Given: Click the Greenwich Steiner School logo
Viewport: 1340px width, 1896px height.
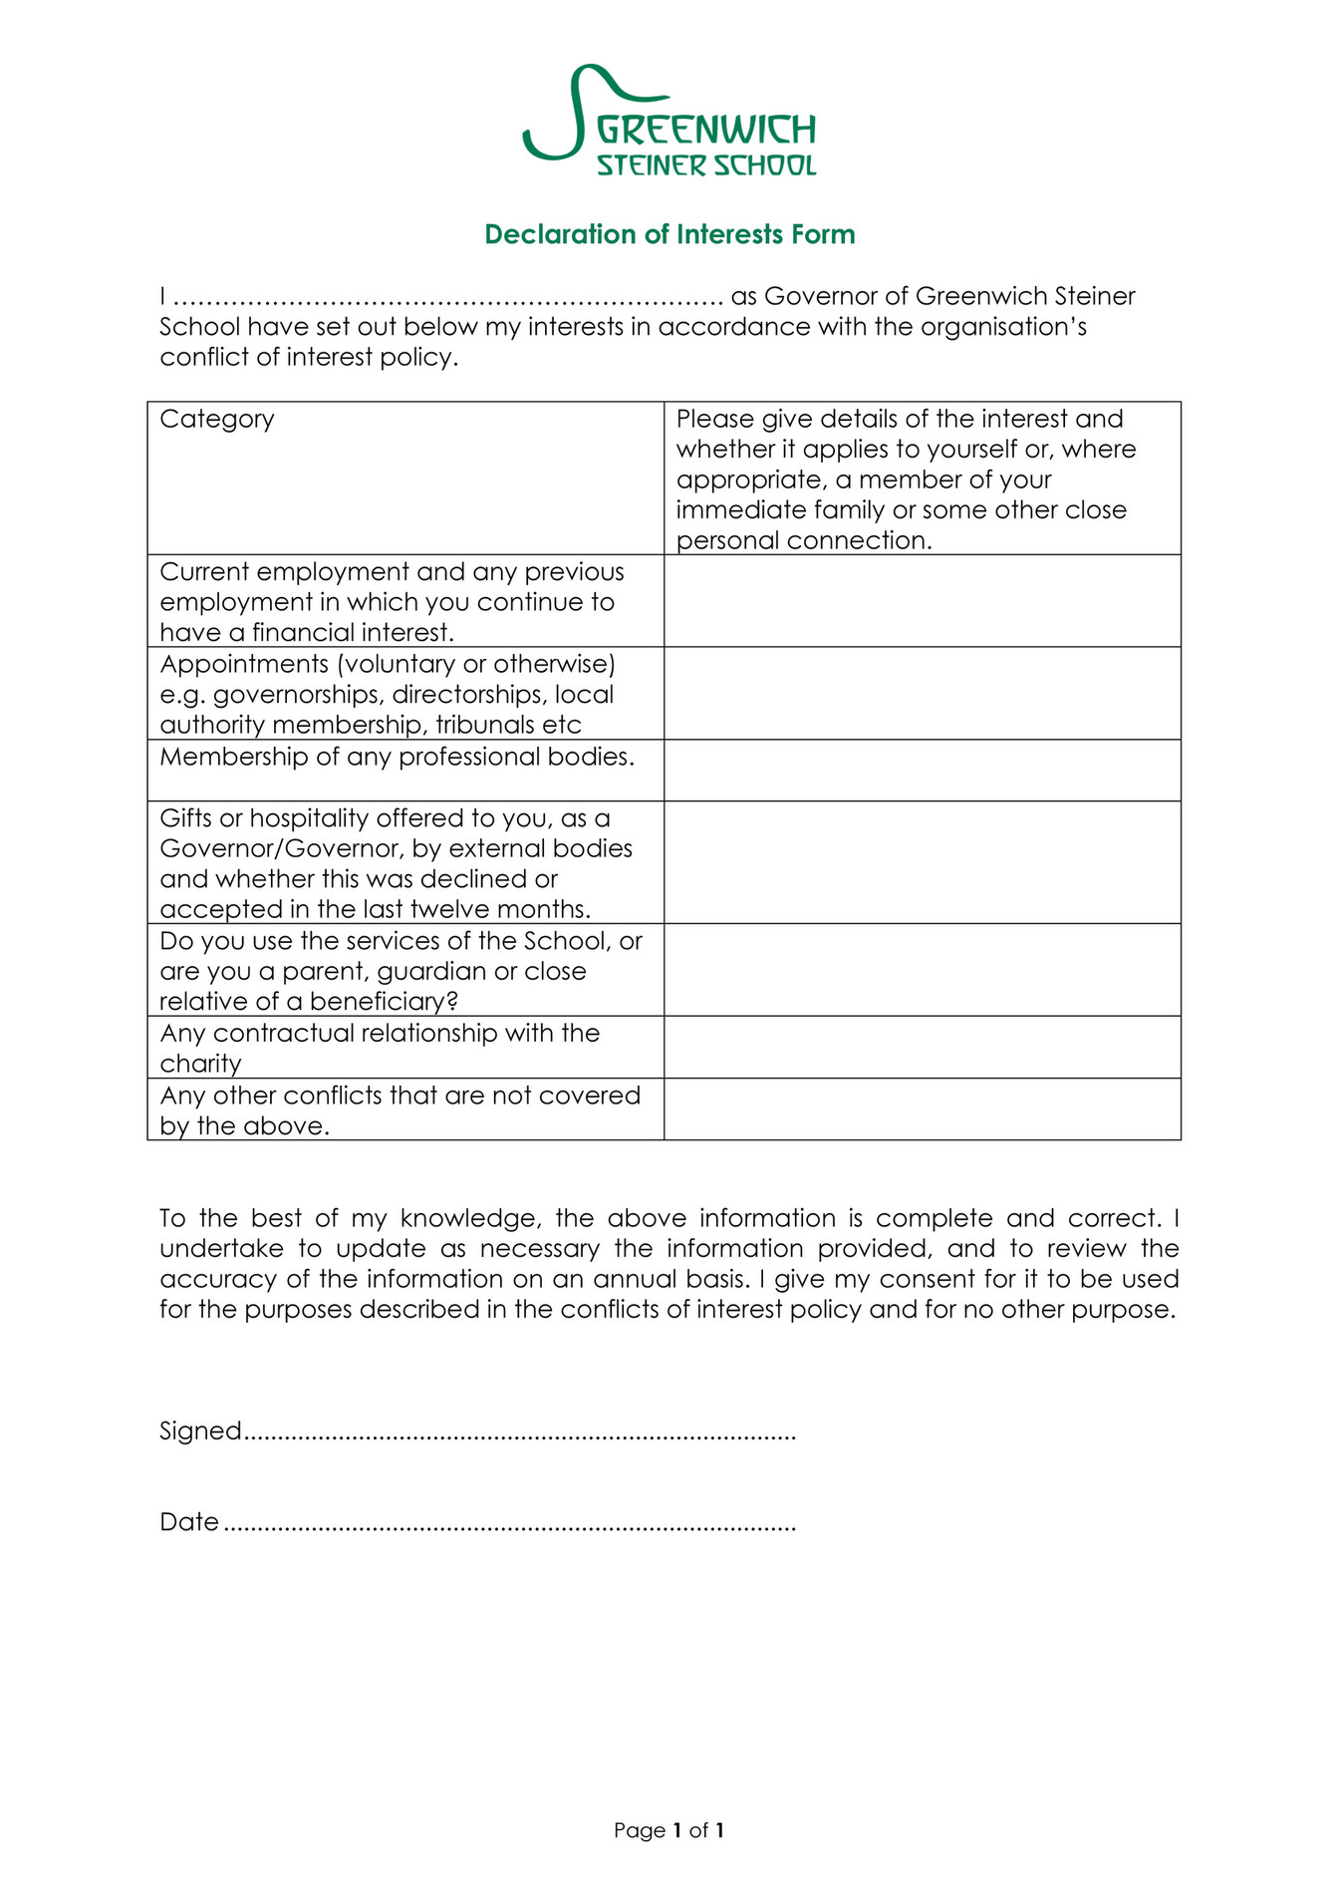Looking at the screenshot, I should (x=670, y=122).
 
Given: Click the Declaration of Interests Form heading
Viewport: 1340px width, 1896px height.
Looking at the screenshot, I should (x=670, y=234).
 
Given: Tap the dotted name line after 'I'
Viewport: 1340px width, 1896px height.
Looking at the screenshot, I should (x=448, y=298).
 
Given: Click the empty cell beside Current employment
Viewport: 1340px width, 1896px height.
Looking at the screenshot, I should (x=922, y=601).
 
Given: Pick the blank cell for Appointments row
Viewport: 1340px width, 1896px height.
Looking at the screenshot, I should (x=922, y=693).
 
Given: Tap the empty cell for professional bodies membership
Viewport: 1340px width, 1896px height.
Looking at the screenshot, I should (x=922, y=770).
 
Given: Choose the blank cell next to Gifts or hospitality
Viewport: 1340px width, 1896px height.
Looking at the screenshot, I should (x=922, y=862).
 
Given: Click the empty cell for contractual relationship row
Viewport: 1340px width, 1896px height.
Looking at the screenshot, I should (x=922, y=1047).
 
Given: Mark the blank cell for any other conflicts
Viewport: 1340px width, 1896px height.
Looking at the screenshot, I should (x=922, y=1108).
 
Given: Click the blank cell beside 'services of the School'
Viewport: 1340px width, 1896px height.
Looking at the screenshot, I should (x=922, y=970).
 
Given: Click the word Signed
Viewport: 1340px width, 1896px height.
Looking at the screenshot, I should (x=200, y=1431).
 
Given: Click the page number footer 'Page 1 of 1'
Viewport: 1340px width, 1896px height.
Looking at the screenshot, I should (x=669, y=1830).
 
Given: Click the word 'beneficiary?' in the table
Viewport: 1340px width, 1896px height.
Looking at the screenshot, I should (x=383, y=1002).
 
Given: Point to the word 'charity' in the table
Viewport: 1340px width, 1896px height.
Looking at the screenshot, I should (x=200, y=1064).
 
